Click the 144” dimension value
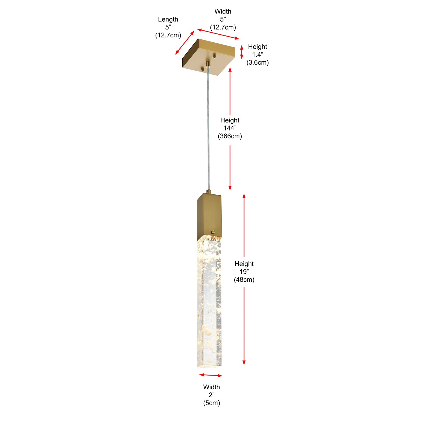point(230,128)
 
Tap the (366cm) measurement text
point(230,136)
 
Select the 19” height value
point(244,272)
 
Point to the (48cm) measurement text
point(244,280)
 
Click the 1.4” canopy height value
point(258,55)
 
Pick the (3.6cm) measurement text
point(258,62)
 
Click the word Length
point(168,19)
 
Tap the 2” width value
point(212,395)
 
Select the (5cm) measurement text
point(212,403)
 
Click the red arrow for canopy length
point(185,42)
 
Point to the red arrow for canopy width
point(218,34)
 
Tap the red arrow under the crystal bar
point(211,375)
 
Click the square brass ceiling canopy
point(208,57)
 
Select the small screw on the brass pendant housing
point(213,232)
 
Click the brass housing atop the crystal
point(209,217)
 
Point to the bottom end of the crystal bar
point(209,367)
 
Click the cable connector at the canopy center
point(208,64)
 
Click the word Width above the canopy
point(223,12)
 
